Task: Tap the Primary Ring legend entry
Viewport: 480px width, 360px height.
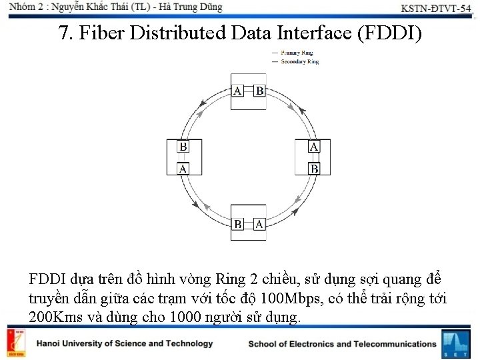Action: pos(297,53)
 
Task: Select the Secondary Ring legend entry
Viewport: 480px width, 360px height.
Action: pos(299,61)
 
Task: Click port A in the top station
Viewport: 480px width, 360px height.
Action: pos(238,91)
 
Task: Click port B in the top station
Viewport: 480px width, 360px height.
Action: pos(259,91)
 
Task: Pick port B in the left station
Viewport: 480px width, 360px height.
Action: pos(182,147)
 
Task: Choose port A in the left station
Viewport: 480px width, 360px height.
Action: pos(182,168)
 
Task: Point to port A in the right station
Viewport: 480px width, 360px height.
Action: pos(314,147)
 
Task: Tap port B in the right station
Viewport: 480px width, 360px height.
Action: pos(314,168)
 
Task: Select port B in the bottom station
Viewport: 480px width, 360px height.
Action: pos(238,224)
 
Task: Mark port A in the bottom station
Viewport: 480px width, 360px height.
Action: pos(259,224)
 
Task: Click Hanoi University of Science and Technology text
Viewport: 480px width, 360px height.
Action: pos(125,344)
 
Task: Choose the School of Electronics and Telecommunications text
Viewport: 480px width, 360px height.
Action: pos(342,344)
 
